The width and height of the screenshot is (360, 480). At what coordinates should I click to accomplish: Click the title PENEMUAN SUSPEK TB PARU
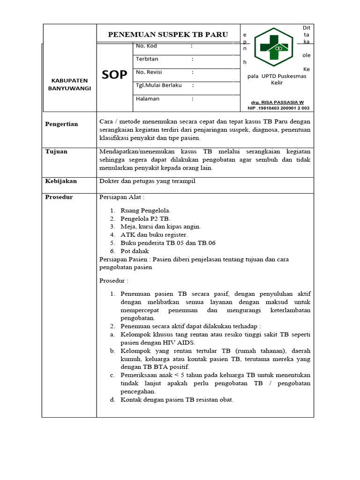coord(168,34)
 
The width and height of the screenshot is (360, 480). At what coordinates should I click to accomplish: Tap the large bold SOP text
coord(114,74)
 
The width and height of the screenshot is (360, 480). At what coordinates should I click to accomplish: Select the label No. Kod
coord(146,46)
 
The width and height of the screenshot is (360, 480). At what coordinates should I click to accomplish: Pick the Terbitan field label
coord(147,59)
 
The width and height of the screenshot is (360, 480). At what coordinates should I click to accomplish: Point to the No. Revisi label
coord(149,72)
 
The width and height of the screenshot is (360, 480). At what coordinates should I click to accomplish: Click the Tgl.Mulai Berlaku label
coord(158,85)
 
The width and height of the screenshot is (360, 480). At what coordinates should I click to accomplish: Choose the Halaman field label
coord(148,98)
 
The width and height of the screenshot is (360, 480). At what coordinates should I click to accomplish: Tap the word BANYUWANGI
coord(69,88)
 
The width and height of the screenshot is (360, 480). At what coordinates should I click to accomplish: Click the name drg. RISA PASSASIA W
coord(277,102)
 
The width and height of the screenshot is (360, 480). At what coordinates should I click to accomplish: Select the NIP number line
coord(278,108)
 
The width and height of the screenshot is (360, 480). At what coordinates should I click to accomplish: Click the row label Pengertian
coord(61,124)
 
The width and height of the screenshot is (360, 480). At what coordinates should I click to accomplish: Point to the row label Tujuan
coord(56,151)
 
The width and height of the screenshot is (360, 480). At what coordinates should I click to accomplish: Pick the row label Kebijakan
coord(61,180)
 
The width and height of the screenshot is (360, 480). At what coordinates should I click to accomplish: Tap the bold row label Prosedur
coord(59,197)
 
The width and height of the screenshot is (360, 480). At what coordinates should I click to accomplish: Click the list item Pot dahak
coord(135,251)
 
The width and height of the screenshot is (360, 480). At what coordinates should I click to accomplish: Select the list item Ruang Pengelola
coord(145,210)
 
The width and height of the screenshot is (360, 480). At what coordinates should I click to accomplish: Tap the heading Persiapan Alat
coord(122,197)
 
